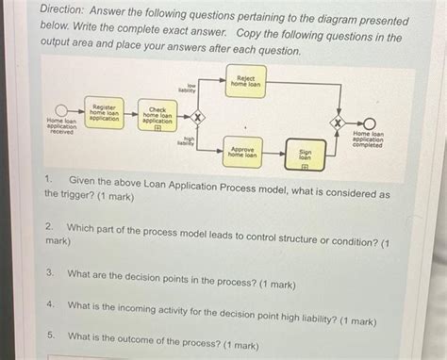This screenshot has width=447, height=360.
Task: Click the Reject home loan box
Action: pyautogui.click(x=245, y=81)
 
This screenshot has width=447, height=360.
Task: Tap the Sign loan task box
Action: pyautogui.click(x=305, y=154)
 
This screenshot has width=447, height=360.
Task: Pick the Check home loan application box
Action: pyautogui.click(x=157, y=116)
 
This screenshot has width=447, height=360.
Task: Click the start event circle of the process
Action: pyautogui.click(x=61, y=114)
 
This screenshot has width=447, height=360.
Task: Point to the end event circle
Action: pyautogui.click(x=369, y=123)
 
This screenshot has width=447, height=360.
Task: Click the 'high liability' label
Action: pyautogui.click(x=186, y=140)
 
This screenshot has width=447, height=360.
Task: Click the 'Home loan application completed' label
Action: pyautogui.click(x=369, y=139)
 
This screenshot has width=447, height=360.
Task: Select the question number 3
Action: pyautogui.click(x=49, y=273)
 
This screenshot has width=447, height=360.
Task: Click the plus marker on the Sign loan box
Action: pyautogui.click(x=305, y=165)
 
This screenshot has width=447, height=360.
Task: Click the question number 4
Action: pyautogui.click(x=49, y=306)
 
